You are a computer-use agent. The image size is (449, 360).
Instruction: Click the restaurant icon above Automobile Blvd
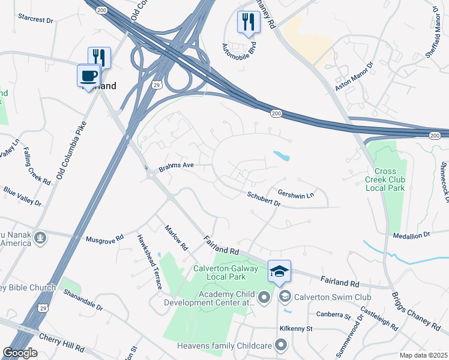(x=249, y=22)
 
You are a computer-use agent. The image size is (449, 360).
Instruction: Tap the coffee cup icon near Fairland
(x=89, y=76)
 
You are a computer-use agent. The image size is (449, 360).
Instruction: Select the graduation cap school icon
(x=279, y=272)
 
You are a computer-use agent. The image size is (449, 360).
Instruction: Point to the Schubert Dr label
(x=264, y=199)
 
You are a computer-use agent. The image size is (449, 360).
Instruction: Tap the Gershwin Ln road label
(x=296, y=194)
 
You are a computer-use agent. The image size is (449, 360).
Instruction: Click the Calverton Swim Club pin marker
(x=285, y=296)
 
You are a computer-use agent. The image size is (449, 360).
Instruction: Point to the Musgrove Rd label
(x=104, y=238)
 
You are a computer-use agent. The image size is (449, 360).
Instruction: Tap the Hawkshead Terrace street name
(x=149, y=261)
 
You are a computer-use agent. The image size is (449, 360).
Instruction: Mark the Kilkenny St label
(x=297, y=329)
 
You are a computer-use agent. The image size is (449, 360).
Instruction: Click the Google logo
(x=20, y=353)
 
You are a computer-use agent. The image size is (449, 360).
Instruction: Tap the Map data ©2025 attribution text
(x=424, y=355)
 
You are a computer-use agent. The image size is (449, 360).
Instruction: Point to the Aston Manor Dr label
(x=354, y=76)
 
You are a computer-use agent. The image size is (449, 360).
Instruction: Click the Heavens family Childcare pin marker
(x=280, y=344)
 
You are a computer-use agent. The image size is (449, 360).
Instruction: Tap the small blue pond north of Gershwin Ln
(x=281, y=156)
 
